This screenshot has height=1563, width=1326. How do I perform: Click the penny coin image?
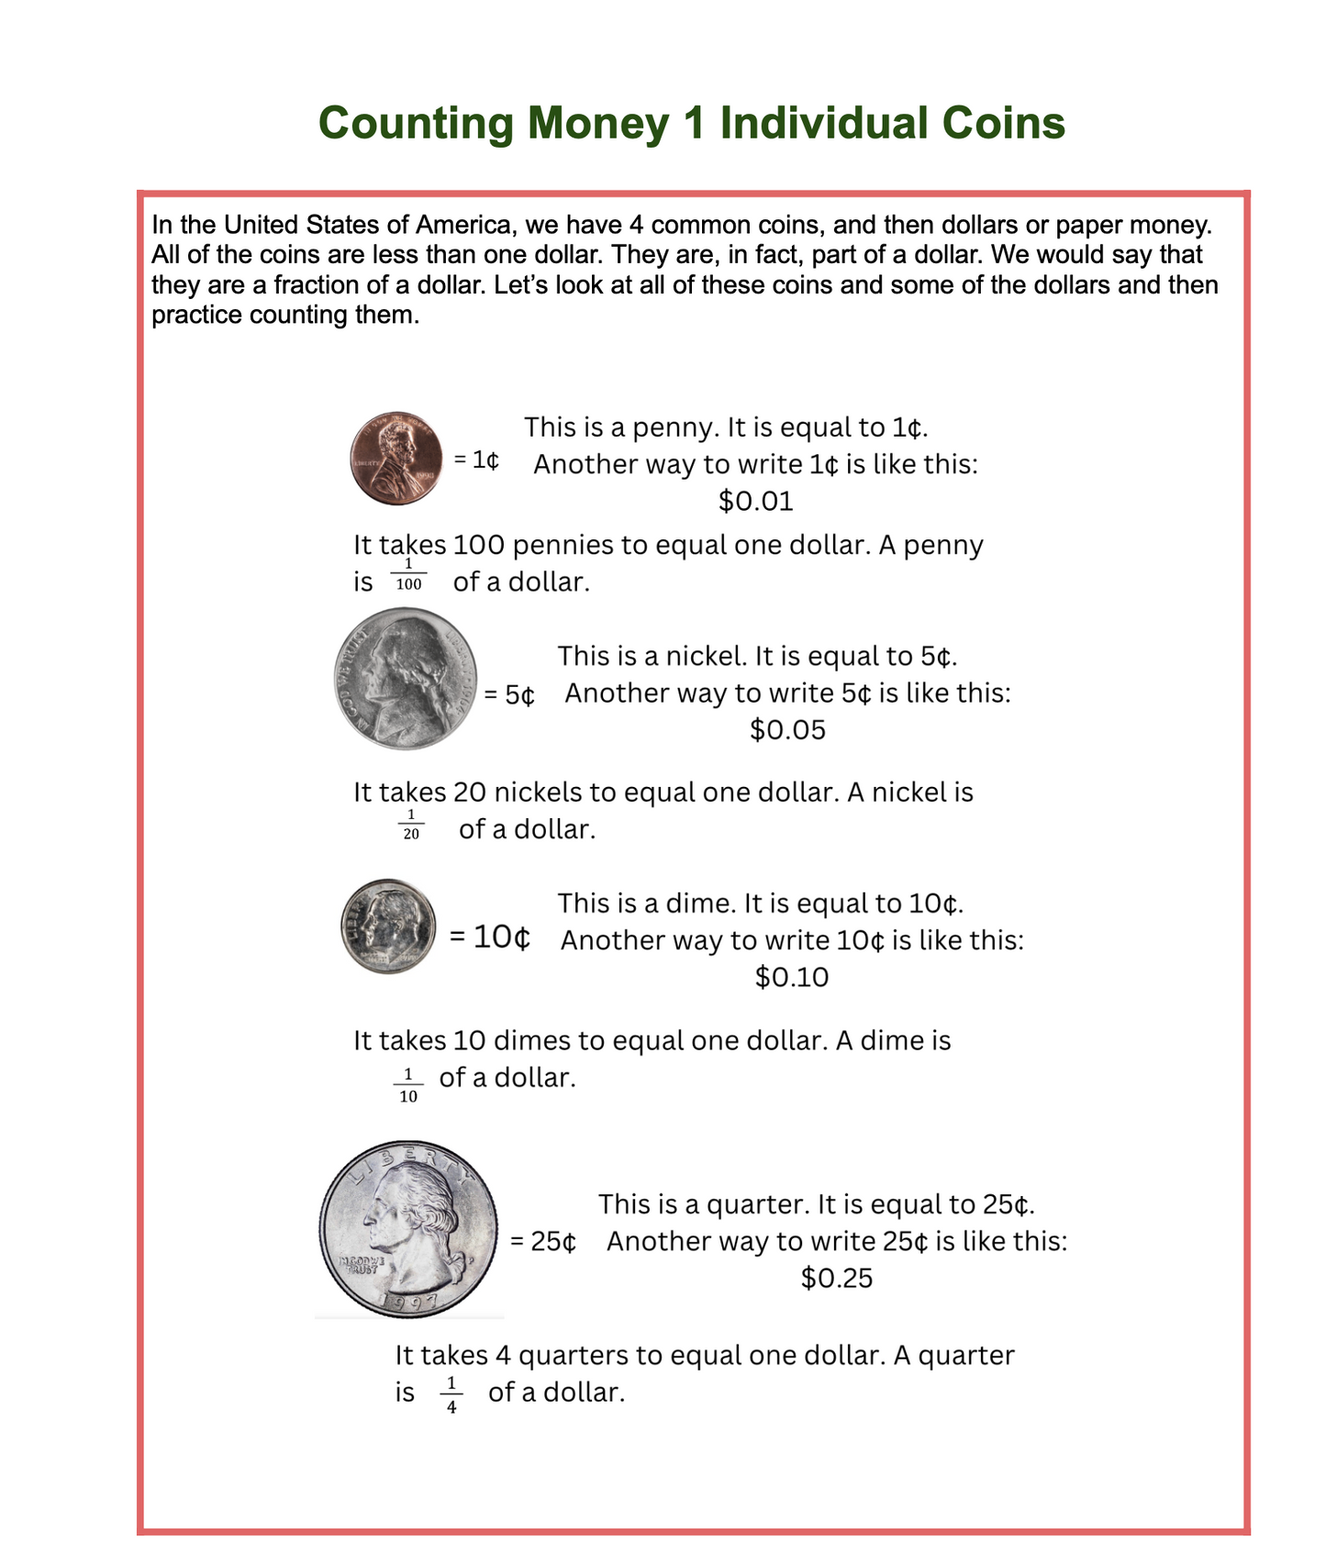(396, 459)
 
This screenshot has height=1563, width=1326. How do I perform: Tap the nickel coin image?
(406, 679)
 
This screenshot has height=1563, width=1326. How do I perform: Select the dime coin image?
(388, 926)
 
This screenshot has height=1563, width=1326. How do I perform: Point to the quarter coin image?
(408, 1229)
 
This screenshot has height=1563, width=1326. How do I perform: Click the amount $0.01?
(755, 502)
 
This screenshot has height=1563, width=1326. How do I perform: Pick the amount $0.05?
(787, 730)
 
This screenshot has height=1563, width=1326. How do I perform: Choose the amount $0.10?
(791, 977)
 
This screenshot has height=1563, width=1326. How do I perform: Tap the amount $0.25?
(836, 1278)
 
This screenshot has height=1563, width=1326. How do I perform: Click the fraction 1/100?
(408, 575)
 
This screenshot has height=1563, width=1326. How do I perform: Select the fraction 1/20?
(411, 824)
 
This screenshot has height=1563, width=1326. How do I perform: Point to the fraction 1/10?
(408, 1085)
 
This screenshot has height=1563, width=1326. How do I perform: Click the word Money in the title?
(597, 123)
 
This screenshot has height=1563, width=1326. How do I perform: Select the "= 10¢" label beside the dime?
(489, 937)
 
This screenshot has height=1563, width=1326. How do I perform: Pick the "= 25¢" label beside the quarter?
(542, 1242)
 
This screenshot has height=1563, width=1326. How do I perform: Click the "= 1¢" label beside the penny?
(476, 460)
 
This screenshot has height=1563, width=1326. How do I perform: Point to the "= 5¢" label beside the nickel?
(509, 694)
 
